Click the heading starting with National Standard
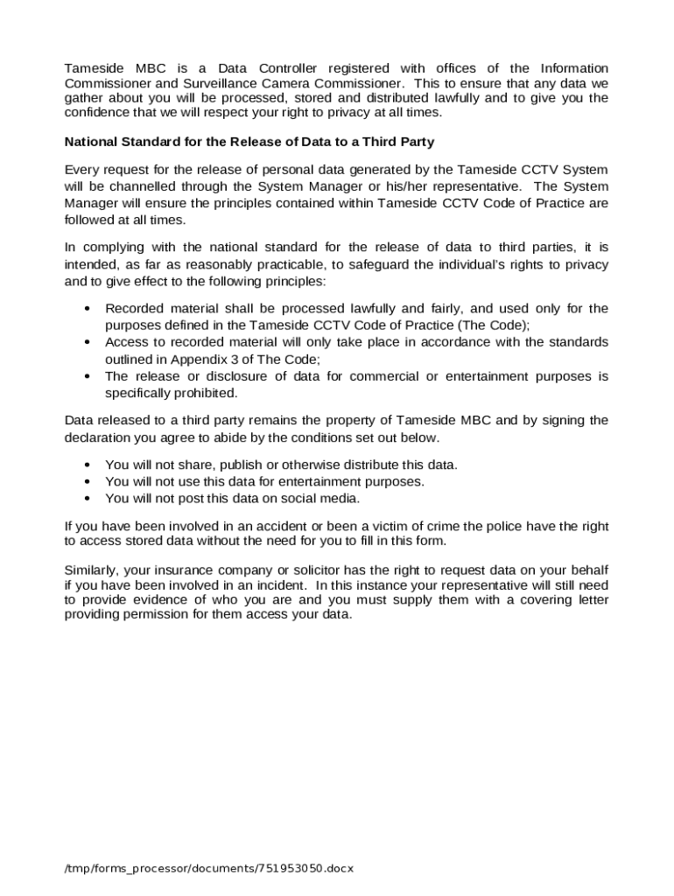click(249, 141)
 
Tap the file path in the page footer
click(208, 869)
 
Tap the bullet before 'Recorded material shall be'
click(88, 309)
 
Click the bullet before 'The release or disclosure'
click(88, 377)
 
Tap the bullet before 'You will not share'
click(88, 465)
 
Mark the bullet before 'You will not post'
click(88, 499)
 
